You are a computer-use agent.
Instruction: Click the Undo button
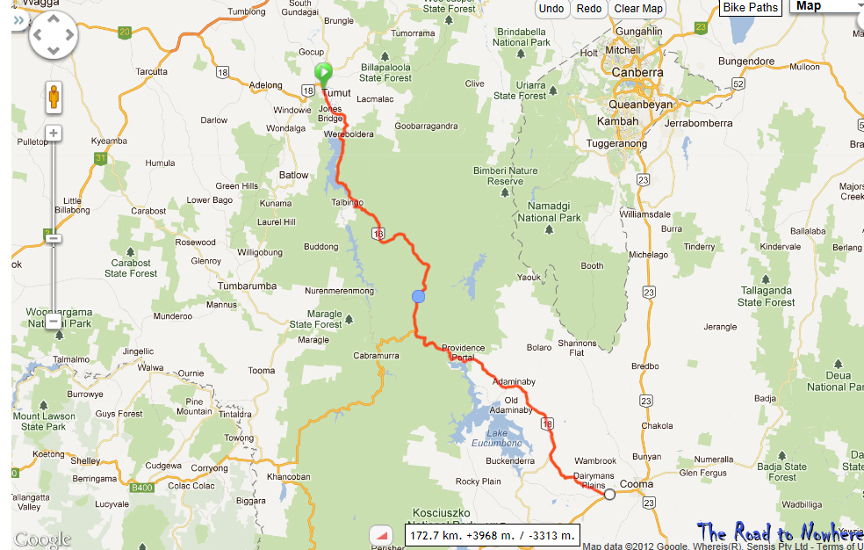(x=551, y=9)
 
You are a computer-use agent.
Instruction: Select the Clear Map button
(x=638, y=9)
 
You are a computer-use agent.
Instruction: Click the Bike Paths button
(x=751, y=8)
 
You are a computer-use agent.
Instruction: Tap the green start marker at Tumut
(x=323, y=72)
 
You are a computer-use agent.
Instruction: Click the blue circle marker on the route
(x=419, y=297)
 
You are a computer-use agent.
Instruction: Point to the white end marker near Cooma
(x=609, y=495)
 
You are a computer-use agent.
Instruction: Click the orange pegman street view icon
(x=54, y=96)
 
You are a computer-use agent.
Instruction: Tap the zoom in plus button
(x=54, y=134)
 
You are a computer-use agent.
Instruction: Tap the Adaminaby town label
(x=515, y=382)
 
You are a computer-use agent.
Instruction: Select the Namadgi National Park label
(x=549, y=212)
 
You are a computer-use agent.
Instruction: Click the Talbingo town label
(x=348, y=202)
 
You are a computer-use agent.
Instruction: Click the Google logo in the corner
(x=41, y=539)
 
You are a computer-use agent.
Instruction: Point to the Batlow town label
(x=294, y=175)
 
